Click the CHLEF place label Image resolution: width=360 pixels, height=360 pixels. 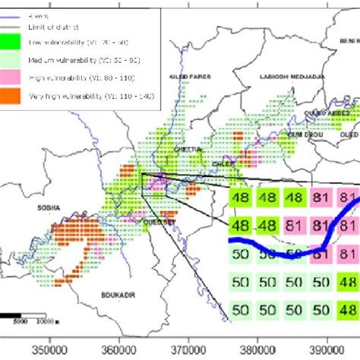(207, 161)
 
